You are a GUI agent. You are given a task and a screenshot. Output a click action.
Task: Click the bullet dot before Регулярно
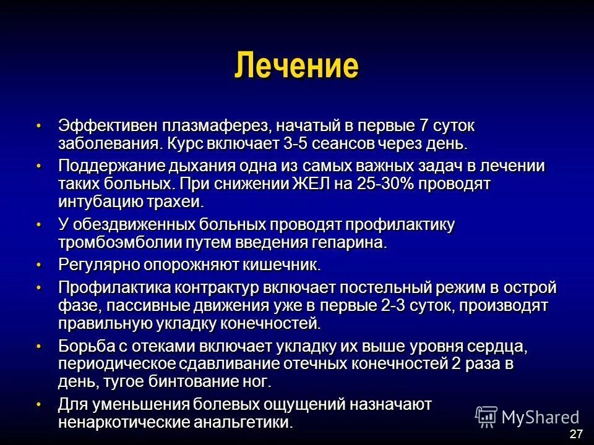[39, 265]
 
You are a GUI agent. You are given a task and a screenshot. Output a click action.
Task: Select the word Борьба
[85, 346]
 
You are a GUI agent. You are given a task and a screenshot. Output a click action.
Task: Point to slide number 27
[576, 433]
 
